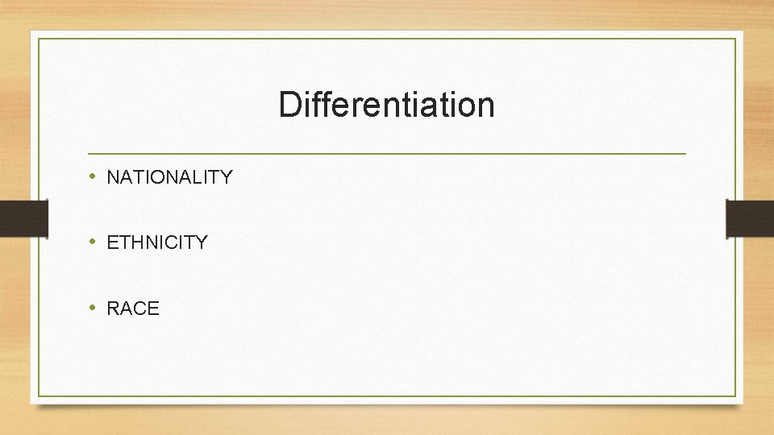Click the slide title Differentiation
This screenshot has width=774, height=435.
coord(386,105)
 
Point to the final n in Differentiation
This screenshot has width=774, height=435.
coord(485,107)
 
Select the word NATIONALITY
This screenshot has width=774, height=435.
coord(169,177)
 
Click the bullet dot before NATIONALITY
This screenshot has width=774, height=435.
coord(94,176)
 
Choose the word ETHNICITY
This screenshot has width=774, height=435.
coord(157,242)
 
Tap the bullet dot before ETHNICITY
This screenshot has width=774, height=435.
coord(94,241)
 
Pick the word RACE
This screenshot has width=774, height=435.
coord(133,309)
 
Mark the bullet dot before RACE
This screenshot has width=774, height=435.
coord(94,307)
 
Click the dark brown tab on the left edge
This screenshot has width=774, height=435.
coord(23,218)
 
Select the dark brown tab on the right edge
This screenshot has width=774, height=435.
coord(750,218)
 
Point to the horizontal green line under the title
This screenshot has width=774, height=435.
coord(386,153)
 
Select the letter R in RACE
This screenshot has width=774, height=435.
coord(114,309)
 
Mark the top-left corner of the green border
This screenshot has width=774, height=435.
coord(39,39)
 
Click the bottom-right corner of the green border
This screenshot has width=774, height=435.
coord(735,396)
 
